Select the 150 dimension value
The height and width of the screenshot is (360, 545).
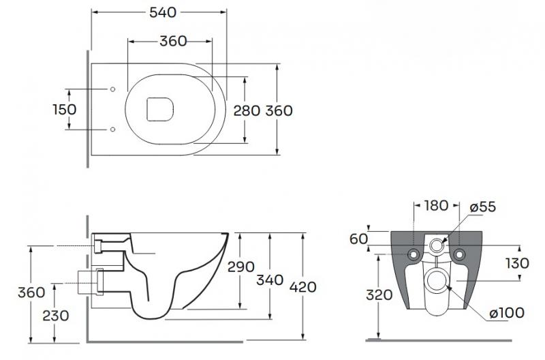[65, 109]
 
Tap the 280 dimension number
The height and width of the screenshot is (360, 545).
[247, 110]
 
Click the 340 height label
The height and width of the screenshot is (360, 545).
[270, 280]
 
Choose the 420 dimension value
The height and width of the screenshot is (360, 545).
[302, 286]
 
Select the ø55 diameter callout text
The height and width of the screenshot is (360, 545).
[483, 206]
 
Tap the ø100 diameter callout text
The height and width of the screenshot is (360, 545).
[505, 313]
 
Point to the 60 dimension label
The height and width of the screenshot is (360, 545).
[359, 239]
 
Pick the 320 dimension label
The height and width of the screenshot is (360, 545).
[378, 295]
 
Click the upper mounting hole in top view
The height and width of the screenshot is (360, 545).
[112, 89]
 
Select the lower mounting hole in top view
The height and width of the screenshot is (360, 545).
[112, 129]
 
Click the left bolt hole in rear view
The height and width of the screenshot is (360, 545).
[412, 255]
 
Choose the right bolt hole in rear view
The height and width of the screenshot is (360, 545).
[460, 255]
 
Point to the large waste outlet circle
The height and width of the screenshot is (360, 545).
[436, 282]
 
